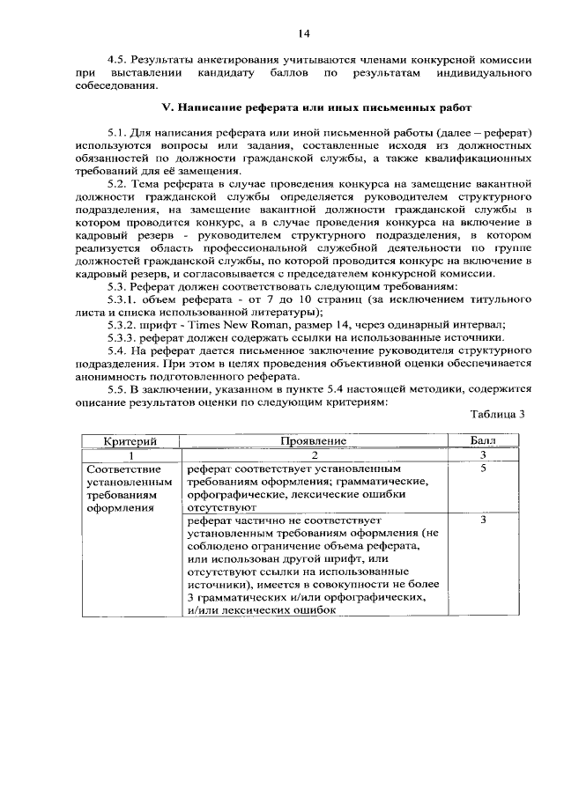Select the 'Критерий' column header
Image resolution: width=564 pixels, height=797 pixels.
[130, 439]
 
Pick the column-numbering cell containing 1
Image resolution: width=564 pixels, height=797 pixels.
[130, 454]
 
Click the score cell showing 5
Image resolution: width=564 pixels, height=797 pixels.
[484, 469]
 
